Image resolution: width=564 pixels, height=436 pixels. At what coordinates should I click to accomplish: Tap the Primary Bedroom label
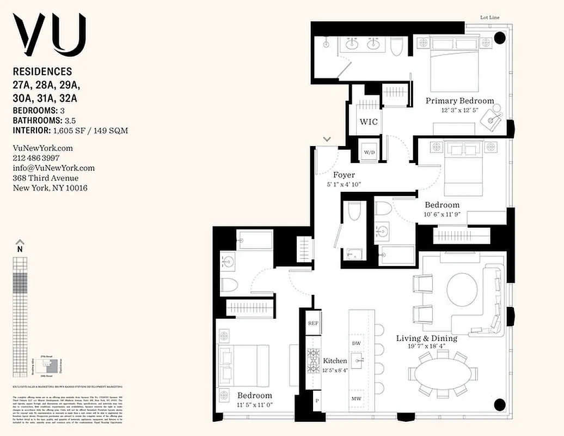click(459, 101)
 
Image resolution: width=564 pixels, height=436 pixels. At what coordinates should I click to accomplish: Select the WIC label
click(368, 121)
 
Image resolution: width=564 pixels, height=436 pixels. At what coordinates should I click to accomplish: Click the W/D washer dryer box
click(368, 151)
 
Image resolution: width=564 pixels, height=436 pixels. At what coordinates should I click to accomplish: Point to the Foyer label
click(344, 175)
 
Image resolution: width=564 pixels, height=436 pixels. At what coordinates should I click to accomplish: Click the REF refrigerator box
click(313, 323)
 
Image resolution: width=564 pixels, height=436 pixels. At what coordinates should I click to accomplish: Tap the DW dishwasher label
click(357, 343)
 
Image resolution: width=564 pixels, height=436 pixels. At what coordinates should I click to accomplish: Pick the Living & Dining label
click(427, 338)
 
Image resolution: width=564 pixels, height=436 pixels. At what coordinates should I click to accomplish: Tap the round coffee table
click(462, 289)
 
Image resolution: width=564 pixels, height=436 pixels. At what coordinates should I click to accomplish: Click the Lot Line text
click(490, 17)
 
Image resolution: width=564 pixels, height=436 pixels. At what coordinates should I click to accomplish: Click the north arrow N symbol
click(20, 245)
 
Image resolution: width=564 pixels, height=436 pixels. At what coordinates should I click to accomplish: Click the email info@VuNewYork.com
click(53, 168)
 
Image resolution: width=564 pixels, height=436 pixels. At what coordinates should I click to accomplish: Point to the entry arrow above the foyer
click(327, 140)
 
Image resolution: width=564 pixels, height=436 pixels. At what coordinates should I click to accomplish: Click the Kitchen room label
click(335, 361)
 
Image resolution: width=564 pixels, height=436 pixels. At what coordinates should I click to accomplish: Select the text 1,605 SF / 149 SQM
click(90, 131)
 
